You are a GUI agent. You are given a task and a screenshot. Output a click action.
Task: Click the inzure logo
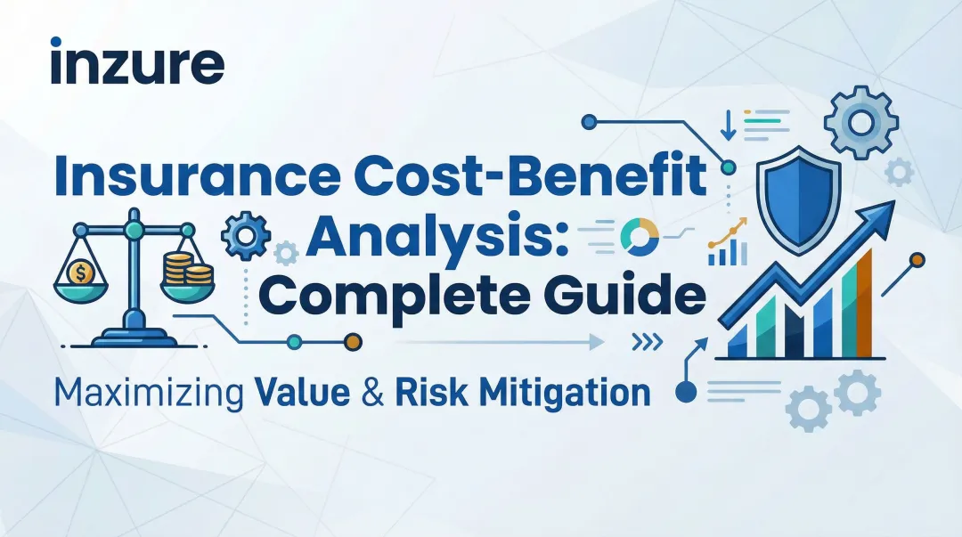click(x=137, y=65)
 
